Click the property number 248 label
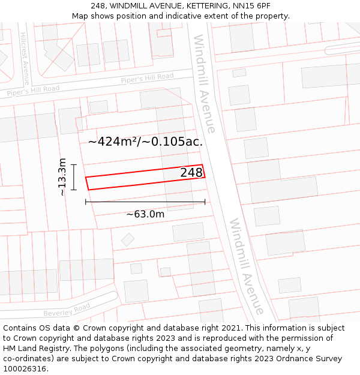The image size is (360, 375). (x=191, y=173)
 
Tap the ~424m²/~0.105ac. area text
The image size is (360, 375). (x=145, y=142)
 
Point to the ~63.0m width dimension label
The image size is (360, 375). (x=145, y=214)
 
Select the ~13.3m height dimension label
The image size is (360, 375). (x=62, y=177)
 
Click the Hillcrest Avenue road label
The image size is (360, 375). (x=25, y=58)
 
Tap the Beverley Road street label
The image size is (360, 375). (x=66, y=310)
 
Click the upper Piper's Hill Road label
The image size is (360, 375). (x=147, y=78)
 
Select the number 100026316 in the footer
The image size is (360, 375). (x=26, y=369)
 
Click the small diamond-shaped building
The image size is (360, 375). (x=128, y=239)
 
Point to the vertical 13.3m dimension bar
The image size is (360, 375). (x=74, y=177)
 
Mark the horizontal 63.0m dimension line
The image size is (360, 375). (x=145, y=202)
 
